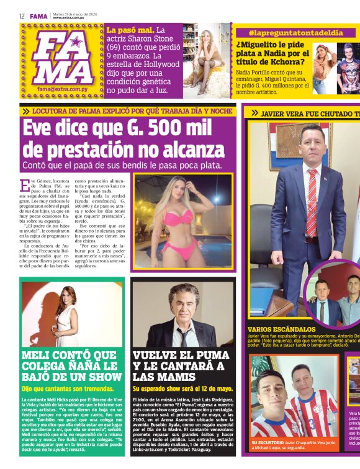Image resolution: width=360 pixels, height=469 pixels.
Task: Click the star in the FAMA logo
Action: click(76, 42)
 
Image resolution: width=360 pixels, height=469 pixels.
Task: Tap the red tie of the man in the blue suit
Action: click(312, 199)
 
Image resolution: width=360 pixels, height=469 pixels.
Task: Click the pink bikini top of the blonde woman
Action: click(178, 217)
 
